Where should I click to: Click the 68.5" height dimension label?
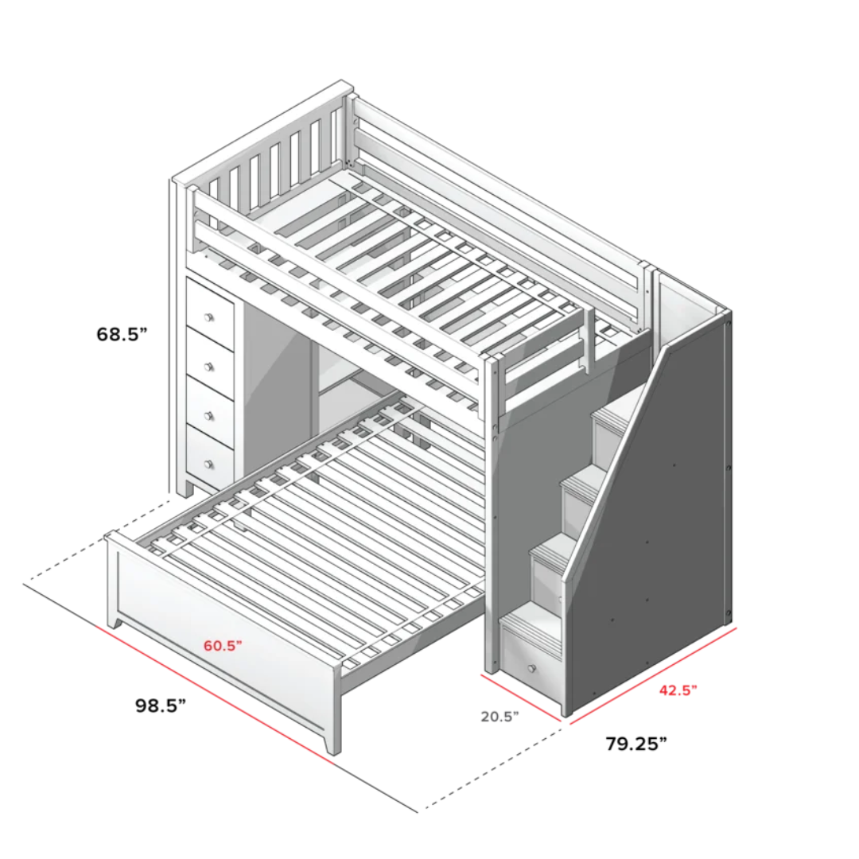click(122, 334)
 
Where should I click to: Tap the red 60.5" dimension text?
click(223, 645)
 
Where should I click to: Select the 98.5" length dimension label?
click(160, 705)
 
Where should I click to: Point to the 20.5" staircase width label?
click(499, 716)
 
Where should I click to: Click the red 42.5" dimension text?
click(678, 690)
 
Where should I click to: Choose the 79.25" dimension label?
click(636, 744)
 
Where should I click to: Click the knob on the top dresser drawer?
click(209, 317)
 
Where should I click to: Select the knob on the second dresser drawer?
click(209, 366)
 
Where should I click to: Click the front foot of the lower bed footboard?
click(332, 744)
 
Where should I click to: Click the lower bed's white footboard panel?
click(223, 628)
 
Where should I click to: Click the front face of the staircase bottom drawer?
click(531, 664)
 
